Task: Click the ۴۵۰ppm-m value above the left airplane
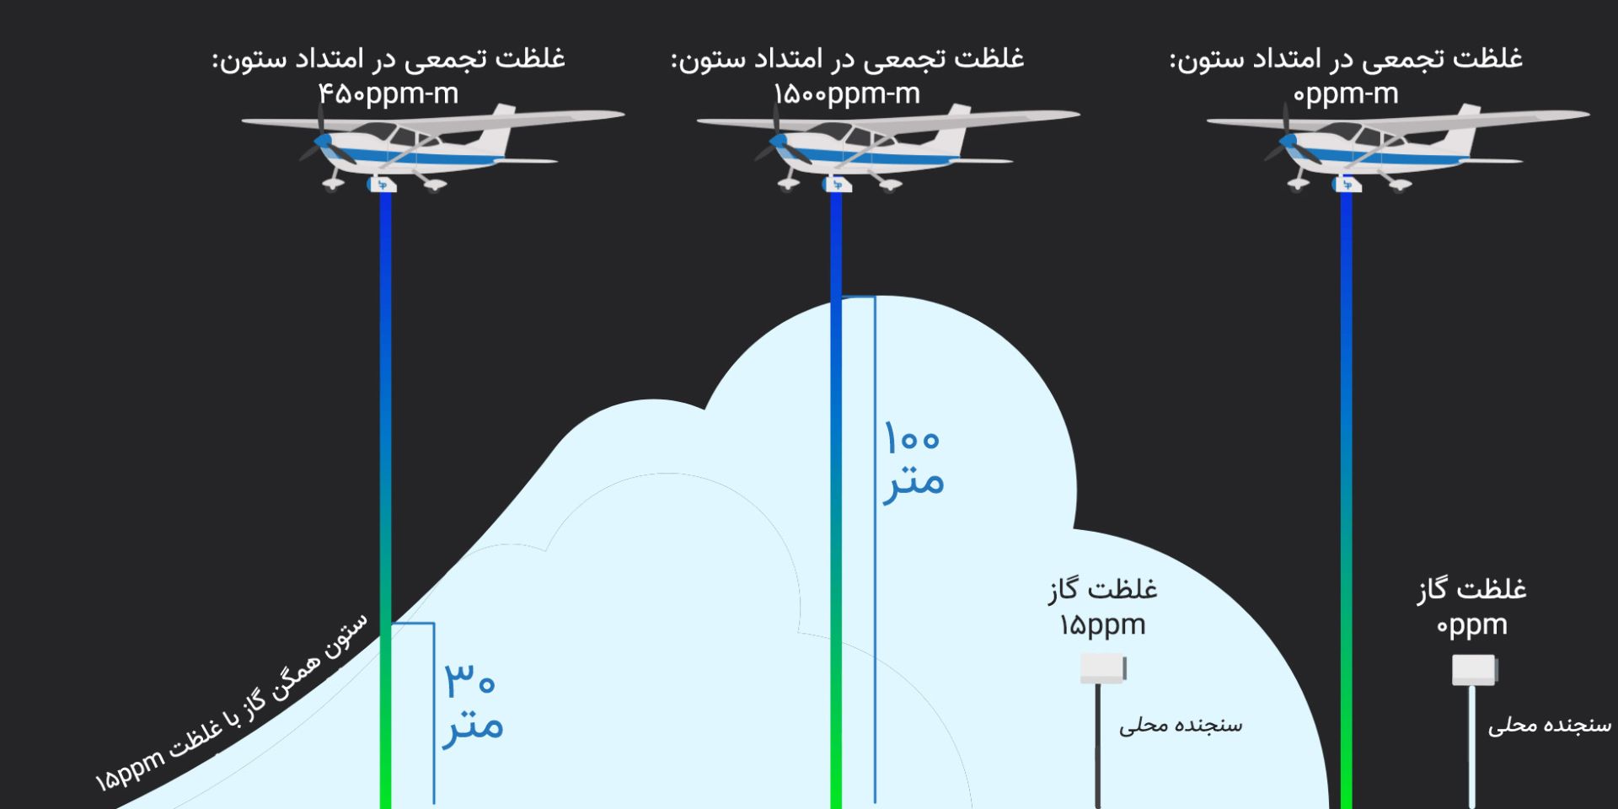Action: point(388,94)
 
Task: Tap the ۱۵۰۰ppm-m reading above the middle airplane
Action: point(847,94)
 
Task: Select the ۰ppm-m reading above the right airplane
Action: point(1346,94)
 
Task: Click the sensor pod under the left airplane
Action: point(383,185)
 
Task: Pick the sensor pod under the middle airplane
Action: point(837,185)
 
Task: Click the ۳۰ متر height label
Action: point(473,703)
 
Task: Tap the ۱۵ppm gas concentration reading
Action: point(1102,625)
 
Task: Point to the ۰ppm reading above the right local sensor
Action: point(1471,625)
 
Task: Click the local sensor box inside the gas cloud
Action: point(1103,668)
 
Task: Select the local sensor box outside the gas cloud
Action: point(1474,670)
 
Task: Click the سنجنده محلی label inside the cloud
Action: point(1180,725)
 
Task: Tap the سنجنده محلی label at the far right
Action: point(1549,725)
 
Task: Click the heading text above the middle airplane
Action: point(847,59)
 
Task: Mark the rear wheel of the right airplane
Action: point(1401,185)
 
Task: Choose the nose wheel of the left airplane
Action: point(332,185)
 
